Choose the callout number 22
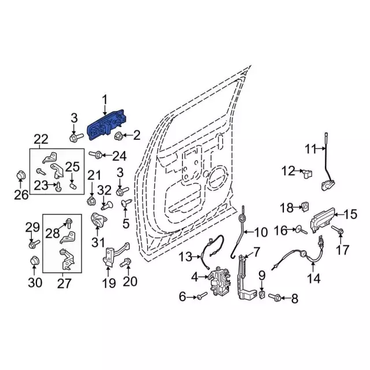[x=40, y=139]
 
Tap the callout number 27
[x=64, y=283]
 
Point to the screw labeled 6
[x=200, y=297]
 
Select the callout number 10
[x=260, y=232]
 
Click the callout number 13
[x=186, y=256]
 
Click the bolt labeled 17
[x=339, y=232]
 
